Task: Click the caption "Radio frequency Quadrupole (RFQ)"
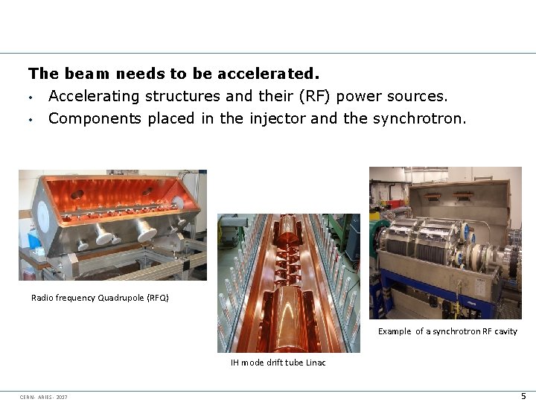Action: click(100, 298)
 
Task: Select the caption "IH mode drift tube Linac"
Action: click(278, 363)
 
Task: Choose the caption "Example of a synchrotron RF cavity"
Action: click(447, 331)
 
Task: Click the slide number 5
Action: click(523, 395)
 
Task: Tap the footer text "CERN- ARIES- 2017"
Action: click(43, 396)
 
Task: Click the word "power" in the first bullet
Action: click(360, 96)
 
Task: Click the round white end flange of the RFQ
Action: click(43, 217)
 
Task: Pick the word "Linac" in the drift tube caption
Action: click(316, 363)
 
